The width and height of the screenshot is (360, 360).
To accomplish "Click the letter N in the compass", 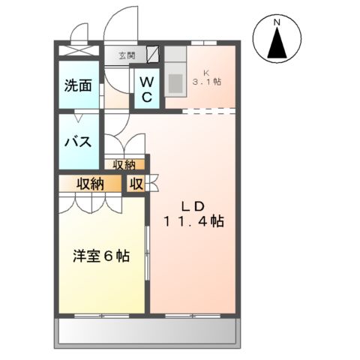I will (277, 23).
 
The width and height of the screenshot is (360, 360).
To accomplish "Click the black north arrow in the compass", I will (277, 46).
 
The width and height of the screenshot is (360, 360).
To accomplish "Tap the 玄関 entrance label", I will (125, 55).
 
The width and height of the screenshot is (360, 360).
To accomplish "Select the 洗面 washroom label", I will (77, 85).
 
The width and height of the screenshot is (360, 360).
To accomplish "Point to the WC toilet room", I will (146, 88).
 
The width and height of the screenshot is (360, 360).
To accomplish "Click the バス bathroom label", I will (78, 141).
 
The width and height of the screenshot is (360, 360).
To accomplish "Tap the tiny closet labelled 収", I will (136, 184).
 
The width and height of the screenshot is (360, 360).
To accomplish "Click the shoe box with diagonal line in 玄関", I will (153, 54).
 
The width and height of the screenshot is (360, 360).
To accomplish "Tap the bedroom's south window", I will (100, 313).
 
